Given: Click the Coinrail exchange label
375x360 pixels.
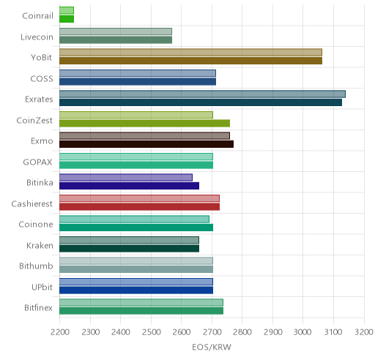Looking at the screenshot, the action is point(37,16).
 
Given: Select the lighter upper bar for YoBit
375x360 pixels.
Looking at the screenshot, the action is point(190,52).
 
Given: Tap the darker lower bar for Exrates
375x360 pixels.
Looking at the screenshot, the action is point(201,102).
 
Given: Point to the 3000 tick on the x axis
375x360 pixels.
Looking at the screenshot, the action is point(302,332).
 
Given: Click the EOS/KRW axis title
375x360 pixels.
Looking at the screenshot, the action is point(212,347).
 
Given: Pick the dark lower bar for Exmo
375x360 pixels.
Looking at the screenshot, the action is point(146,144).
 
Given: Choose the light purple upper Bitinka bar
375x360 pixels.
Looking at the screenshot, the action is point(126,177).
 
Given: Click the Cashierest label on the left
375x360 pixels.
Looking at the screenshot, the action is point(32,203).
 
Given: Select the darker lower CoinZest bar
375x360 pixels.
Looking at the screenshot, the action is point(144,124).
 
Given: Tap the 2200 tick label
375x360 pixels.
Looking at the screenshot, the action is point(59,332).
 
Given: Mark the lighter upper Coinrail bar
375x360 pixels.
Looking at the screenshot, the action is point(67,10).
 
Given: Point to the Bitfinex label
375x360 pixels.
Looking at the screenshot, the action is point(38,308).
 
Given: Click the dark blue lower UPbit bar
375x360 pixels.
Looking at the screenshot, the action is point(136,290).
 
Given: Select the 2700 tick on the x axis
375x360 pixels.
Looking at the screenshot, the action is point(212,332).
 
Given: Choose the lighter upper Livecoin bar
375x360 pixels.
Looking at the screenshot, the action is point(116,31).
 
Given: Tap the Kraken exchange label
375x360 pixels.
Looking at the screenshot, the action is point(40,245).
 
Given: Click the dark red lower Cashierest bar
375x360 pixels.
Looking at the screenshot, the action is point(139,207).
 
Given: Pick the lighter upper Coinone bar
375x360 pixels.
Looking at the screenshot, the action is point(134,219).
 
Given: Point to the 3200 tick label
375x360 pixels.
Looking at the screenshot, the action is point(364,332).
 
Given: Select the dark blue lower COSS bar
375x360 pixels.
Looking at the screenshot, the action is point(138,82).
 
